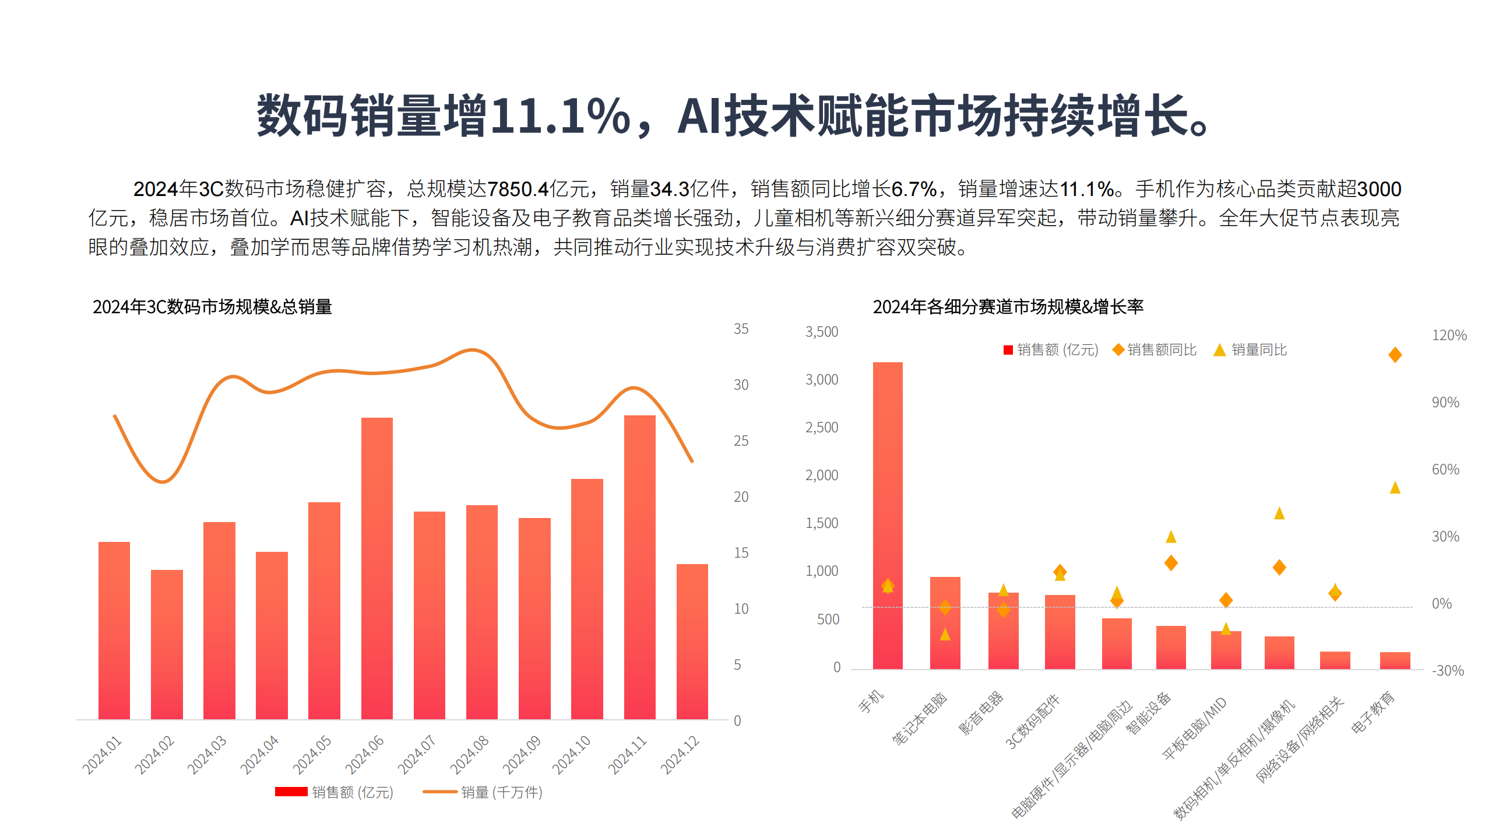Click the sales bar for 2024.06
tap(376, 568)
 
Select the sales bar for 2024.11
tap(639, 567)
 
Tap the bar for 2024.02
tap(167, 645)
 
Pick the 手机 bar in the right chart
tap(888, 516)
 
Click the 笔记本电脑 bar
tap(945, 623)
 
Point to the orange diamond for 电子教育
tap(1395, 355)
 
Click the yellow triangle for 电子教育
tap(1395, 487)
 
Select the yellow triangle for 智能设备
tap(1171, 537)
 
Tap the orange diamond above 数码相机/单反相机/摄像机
tap(1279, 567)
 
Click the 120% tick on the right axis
tap(1449, 335)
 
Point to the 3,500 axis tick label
tap(821, 332)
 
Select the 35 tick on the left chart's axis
tap(741, 329)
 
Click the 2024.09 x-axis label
tap(522, 755)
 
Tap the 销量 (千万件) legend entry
tap(483, 792)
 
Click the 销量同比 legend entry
tap(1250, 349)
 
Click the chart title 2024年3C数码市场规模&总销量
tap(212, 307)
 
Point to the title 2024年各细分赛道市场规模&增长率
tap(1008, 307)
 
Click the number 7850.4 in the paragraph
tap(518, 189)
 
